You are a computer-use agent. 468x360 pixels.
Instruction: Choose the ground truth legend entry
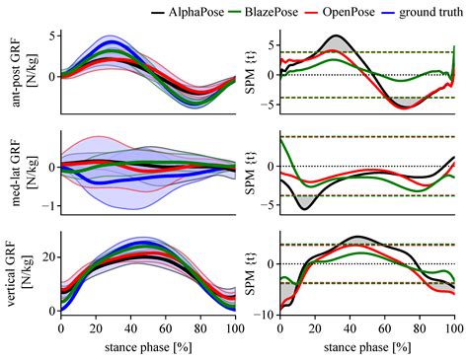point(433,13)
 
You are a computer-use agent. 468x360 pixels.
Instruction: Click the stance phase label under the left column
point(147,347)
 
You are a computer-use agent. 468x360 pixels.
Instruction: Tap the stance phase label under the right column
point(366,347)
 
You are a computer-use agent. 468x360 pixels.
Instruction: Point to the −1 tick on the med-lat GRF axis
point(45,206)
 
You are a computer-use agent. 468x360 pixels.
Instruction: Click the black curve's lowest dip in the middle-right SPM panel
point(303,209)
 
